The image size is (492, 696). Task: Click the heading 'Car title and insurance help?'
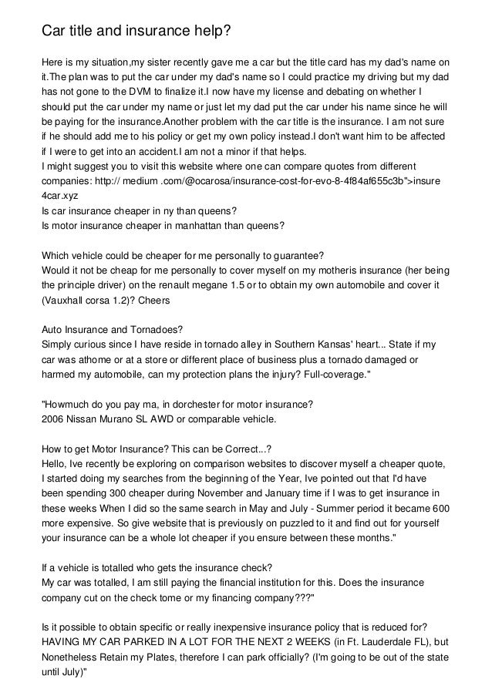click(x=136, y=31)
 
